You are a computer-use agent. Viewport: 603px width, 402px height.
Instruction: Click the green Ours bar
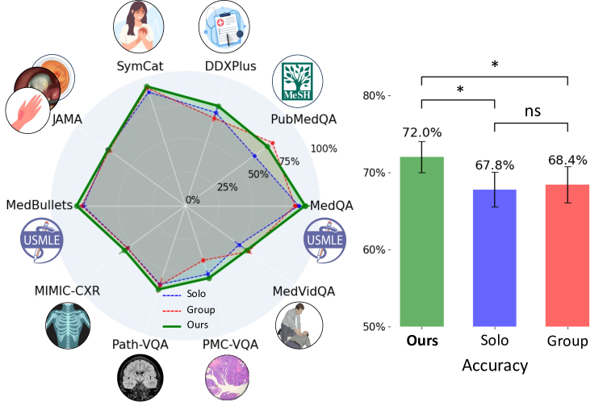pyautogui.click(x=421, y=242)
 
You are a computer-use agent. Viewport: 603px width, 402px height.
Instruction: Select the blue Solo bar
pyautogui.click(x=494, y=258)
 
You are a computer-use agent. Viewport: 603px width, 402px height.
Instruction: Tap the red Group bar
pyautogui.click(x=567, y=256)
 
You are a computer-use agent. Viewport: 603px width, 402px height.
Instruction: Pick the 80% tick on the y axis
pyautogui.click(x=374, y=95)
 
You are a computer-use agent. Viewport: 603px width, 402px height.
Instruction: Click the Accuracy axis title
pyautogui.click(x=494, y=366)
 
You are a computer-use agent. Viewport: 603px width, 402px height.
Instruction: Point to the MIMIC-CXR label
pyautogui.click(x=67, y=291)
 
